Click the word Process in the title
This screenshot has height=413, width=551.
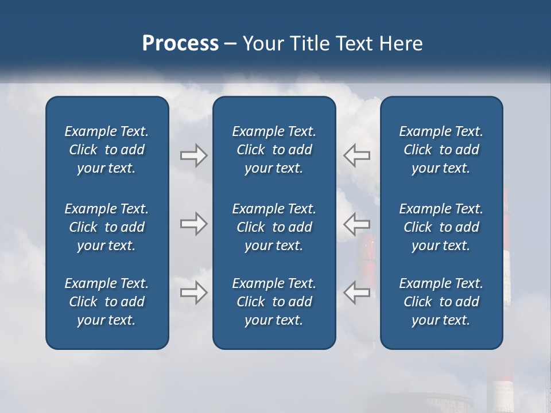click(x=180, y=44)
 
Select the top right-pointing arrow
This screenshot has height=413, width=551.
click(x=193, y=155)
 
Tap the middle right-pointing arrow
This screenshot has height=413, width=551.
click(x=193, y=224)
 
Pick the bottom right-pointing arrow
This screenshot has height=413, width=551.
click(x=193, y=293)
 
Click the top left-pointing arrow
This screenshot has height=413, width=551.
click(x=356, y=155)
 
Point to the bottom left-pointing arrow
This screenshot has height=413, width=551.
click(x=356, y=293)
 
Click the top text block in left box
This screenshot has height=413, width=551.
click(x=107, y=150)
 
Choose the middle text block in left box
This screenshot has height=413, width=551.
click(x=107, y=227)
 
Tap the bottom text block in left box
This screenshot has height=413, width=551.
click(x=107, y=302)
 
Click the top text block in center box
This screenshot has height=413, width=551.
click(x=274, y=150)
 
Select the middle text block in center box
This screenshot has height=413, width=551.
click(x=274, y=227)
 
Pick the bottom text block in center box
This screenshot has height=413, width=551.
click(x=274, y=302)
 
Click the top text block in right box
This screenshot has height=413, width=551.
click(x=441, y=150)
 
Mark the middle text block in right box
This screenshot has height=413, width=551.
click(x=441, y=227)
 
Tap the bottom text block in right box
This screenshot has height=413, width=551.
click(x=441, y=302)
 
